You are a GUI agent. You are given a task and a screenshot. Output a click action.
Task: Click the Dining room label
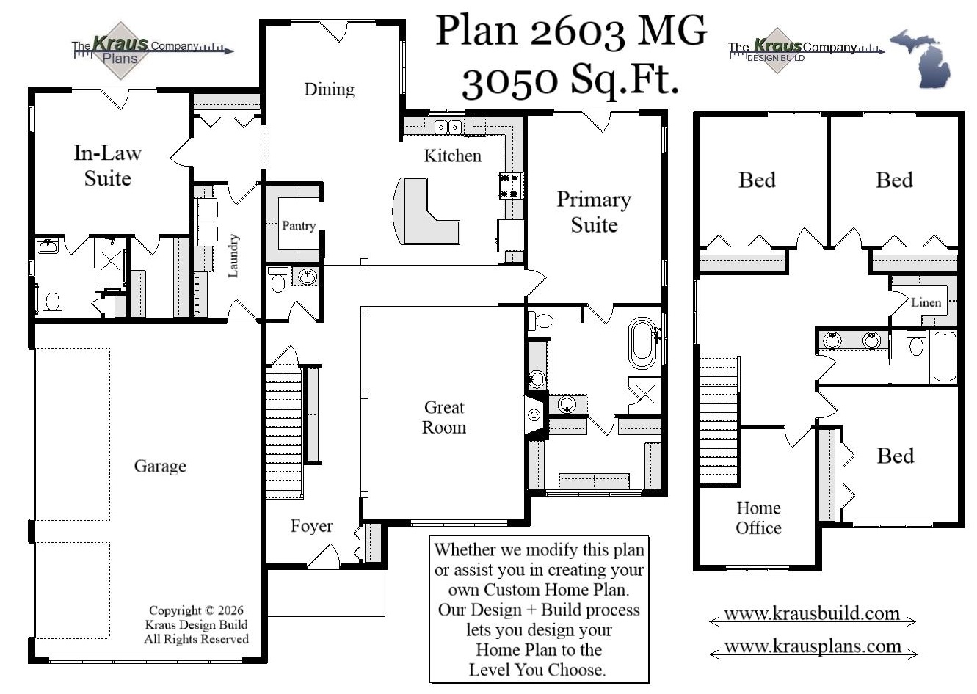(x=329, y=90)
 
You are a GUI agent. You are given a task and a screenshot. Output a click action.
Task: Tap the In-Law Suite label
(x=107, y=166)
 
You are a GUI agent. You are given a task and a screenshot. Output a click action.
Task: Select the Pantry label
(x=298, y=226)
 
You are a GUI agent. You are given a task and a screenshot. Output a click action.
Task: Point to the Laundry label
(x=233, y=256)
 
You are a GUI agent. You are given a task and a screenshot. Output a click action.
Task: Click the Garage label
(x=159, y=467)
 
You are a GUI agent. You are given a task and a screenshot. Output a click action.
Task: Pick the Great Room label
(x=443, y=417)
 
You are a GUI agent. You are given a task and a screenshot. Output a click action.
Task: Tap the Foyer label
(x=310, y=527)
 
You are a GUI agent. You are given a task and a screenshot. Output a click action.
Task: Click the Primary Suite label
(x=593, y=212)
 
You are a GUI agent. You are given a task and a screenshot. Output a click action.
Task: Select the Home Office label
(x=758, y=518)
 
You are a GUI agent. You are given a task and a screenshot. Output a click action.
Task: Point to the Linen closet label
(x=926, y=302)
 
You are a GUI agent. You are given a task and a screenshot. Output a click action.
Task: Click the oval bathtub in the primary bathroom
(x=642, y=343)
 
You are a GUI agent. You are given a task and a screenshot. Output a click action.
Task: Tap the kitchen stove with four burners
(x=511, y=186)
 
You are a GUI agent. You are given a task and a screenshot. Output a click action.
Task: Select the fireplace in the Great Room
(x=534, y=415)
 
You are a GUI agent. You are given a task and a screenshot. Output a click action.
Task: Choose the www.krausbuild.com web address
(x=812, y=614)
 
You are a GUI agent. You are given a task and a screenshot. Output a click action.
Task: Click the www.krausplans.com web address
(x=813, y=646)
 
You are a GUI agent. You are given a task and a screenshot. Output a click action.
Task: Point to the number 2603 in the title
(x=577, y=31)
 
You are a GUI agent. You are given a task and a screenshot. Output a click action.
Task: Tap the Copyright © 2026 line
(x=196, y=610)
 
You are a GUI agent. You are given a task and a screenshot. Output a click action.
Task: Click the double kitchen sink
(x=446, y=127)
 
